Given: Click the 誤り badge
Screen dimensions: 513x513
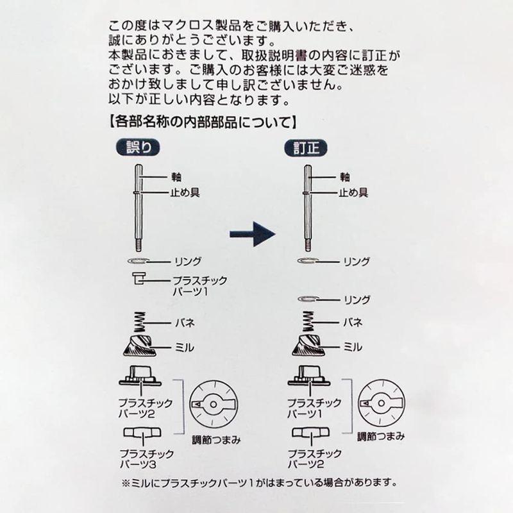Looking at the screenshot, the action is click(x=138, y=147).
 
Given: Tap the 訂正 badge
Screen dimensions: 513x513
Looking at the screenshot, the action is click(x=306, y=148).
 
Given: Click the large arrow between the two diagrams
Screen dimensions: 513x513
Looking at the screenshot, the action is click(x=252, y=234).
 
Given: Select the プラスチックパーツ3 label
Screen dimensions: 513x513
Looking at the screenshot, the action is click(x=147, y=458).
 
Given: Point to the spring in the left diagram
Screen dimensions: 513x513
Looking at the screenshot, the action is click(x=139, y=323).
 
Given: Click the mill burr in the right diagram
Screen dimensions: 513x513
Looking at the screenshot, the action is click(x=308, y=346).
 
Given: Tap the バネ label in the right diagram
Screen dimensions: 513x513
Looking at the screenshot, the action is click(x=353, y=323).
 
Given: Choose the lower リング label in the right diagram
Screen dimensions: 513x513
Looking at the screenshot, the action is click(x=357, y=299).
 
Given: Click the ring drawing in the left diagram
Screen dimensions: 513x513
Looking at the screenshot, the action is click(x=139, y=261).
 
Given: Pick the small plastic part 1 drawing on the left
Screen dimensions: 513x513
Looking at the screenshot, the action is click(x=139, y=278).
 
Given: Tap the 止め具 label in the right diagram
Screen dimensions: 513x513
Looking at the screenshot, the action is click(x=353, y=192).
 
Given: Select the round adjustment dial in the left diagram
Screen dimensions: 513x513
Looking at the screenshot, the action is click(x=214, y=405).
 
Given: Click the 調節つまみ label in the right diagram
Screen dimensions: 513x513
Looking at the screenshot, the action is click(x=381, y=437).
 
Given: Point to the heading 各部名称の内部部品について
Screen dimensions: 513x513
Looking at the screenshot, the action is click(x=203, y=122).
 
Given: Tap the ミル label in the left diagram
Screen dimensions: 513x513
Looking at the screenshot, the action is click(x=185, y=347).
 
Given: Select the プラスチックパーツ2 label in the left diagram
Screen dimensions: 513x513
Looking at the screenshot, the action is click(x=146, y=408).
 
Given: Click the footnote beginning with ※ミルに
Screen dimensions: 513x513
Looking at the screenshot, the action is click(x=259, y=483).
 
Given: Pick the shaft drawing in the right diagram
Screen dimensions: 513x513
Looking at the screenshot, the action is click(x=308, y=208).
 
